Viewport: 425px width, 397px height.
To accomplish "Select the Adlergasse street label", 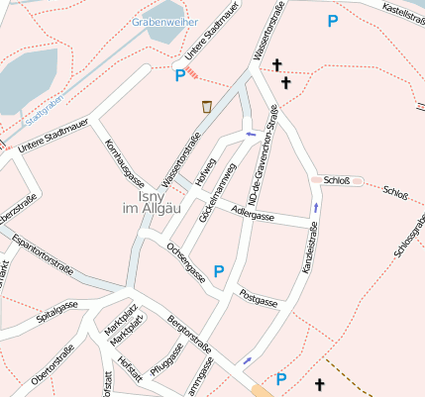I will (x=251, y=213).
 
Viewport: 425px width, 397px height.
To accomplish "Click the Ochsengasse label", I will (x=186, y=261).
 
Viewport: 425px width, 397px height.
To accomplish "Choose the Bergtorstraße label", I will (x=189, y=336).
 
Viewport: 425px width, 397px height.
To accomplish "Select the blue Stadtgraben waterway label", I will (x=44, y=114).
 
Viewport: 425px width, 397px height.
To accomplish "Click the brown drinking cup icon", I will (x=206, y=107).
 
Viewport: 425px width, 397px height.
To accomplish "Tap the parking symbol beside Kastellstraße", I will (x=332, y=21).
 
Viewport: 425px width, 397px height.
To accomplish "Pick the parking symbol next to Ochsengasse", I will (x=219, y=270).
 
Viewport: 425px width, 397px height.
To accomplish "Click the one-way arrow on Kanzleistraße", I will (x=316, y=207).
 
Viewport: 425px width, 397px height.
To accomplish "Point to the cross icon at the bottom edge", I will (x=319, y=383).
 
